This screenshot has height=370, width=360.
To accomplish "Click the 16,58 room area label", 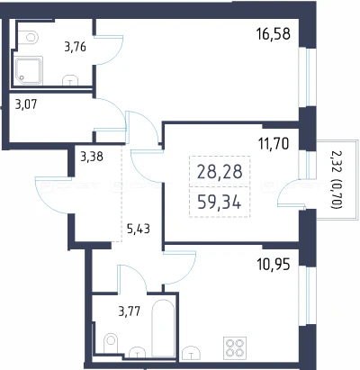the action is (x=274, y=33).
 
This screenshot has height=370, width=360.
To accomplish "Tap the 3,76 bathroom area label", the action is (x=76, y=47).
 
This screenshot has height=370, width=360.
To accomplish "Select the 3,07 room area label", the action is (x=26, y=104).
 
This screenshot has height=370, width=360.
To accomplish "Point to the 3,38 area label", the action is (x=92, y=157).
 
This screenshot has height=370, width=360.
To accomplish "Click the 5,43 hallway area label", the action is (x=139, y=230).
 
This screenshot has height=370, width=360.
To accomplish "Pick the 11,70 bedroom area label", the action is (x=274, y=143).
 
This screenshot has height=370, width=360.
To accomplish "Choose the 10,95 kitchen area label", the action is (x=274, y=265).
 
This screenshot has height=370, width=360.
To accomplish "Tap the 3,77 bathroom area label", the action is (x=130, y=311).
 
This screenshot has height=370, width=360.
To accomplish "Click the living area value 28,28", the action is (x=220, y=172).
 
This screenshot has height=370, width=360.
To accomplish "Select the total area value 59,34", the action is (x=220, y=203).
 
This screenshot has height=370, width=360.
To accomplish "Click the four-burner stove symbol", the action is (x=235, y=347).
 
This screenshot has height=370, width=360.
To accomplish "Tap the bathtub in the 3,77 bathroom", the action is (x=163, y=328).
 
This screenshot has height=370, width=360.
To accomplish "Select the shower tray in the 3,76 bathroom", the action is (x=29, y=71).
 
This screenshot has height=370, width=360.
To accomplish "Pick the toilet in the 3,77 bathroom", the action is (x=111, y=344).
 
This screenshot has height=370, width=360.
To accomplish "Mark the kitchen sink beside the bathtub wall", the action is (x=191, y=352).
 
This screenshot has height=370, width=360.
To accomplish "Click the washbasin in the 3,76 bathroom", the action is (x=70, y=80).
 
